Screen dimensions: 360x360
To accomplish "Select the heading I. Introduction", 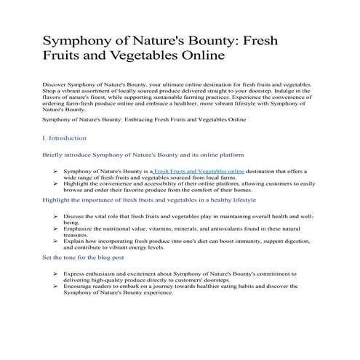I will (x=65, y=137).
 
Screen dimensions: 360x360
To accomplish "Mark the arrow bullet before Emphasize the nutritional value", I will (x=57, y=230).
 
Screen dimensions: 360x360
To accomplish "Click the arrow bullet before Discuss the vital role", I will (x=57, y=217).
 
